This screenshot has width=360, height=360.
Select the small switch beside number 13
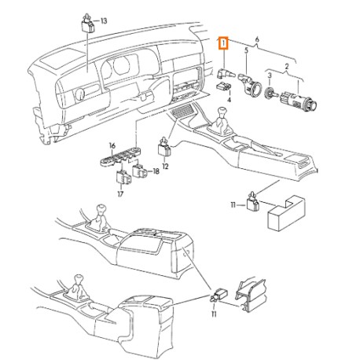[88, 21]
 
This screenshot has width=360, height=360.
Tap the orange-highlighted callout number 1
[223, 42]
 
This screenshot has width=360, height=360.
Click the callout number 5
[247, 50]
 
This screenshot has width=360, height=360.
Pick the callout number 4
[230, 101]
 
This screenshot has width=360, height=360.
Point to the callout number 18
[156, 171]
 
